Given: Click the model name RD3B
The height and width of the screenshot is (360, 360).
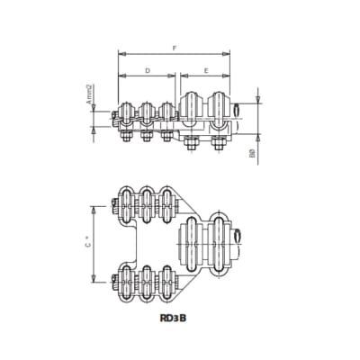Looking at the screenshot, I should coord(177,318).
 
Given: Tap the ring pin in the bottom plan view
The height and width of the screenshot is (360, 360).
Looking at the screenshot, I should coord(238,236).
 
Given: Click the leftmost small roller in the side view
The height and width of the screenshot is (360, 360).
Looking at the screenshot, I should coord(125,112).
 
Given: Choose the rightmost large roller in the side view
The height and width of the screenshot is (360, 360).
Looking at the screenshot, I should coord(220,108).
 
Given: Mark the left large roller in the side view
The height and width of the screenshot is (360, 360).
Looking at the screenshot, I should coord(193,108).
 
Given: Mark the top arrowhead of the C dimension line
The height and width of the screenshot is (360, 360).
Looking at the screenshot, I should coord(96,206).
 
